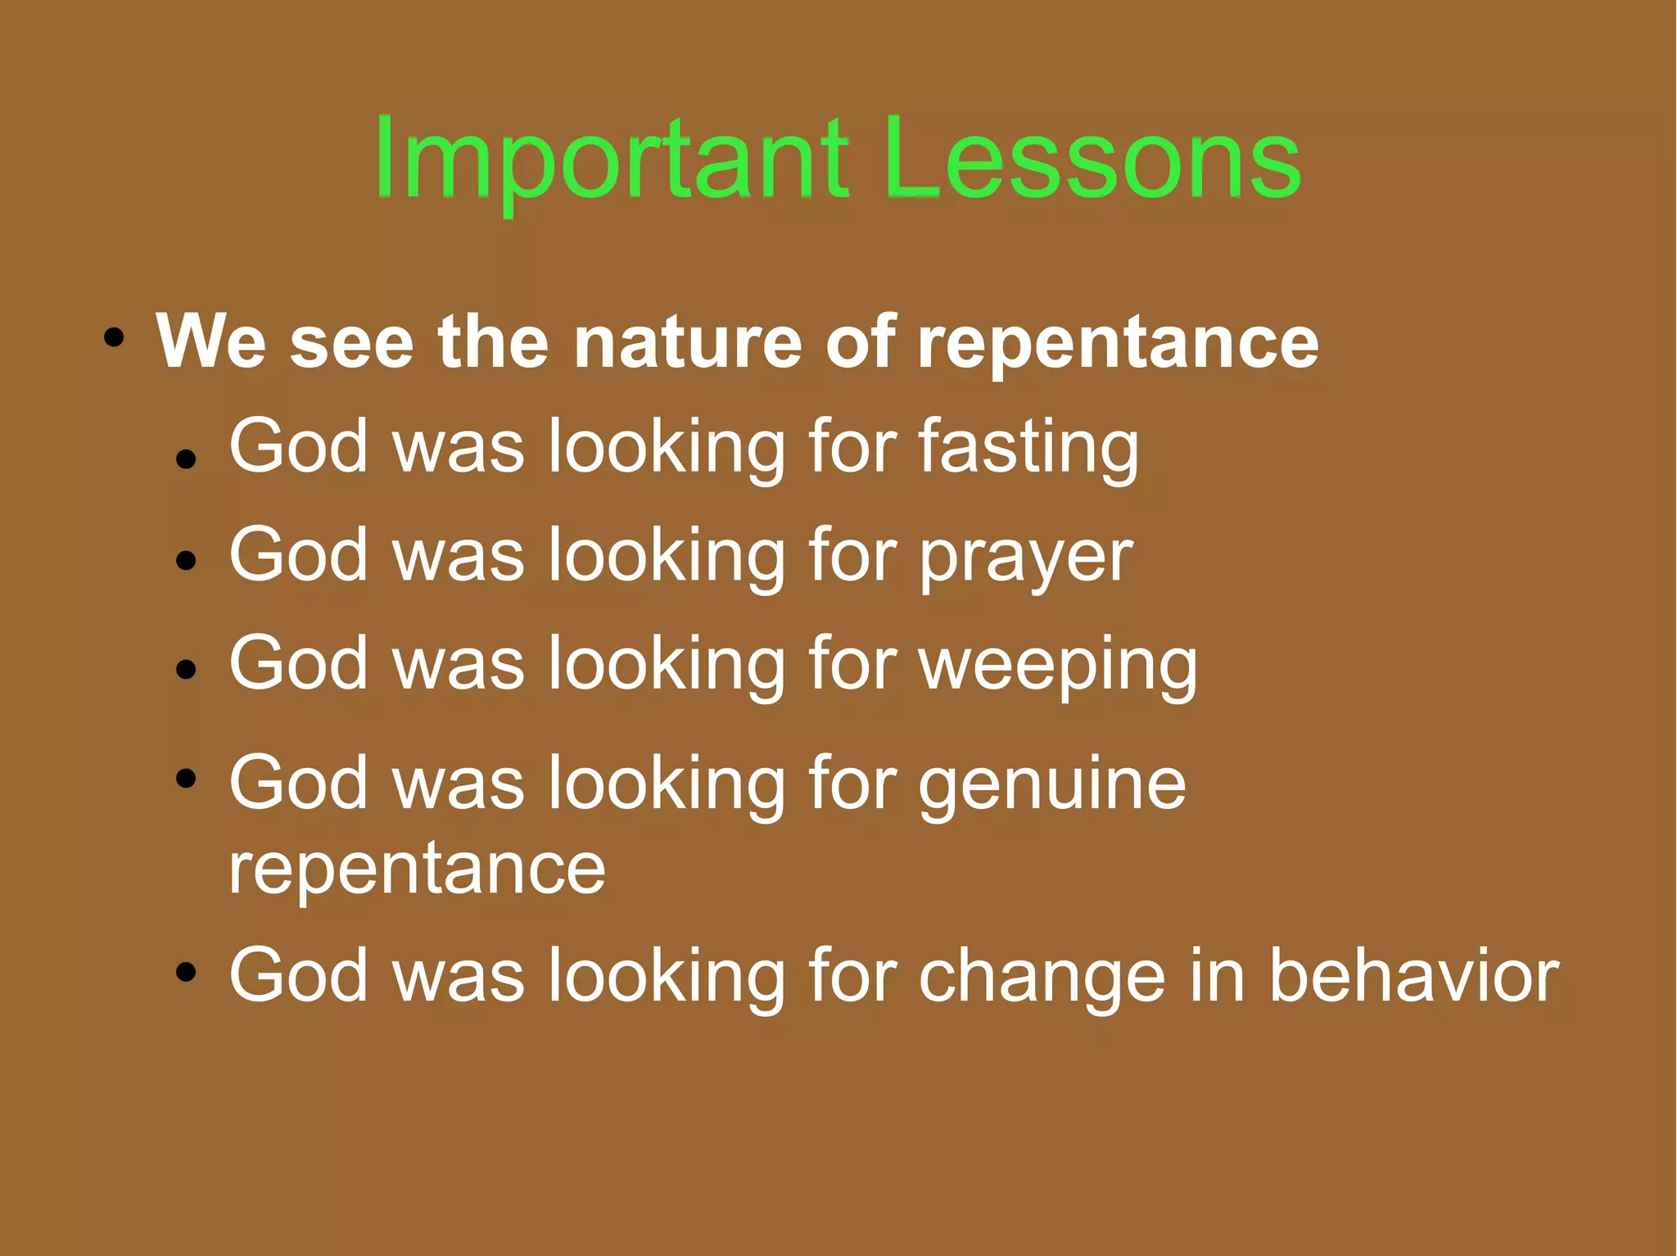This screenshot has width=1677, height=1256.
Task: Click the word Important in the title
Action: click(x=610, y=160)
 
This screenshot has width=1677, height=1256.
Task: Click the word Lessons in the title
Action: click(x=1093, y=160)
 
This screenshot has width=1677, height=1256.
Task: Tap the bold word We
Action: click(x=210, y=341)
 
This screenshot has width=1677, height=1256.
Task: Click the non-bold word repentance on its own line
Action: click(x=417, y=870)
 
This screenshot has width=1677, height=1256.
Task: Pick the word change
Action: click(x=1041, y=976)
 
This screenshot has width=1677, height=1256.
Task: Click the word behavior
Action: click(x=1413, y=976)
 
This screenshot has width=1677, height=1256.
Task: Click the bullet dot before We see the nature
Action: click(x=114, y=337)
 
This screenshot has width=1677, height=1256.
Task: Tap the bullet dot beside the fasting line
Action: click(x=187, y=459)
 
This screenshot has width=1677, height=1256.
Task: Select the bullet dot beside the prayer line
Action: click(x=187, y=560)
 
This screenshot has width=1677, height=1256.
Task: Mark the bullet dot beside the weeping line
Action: click(x=187, y=669)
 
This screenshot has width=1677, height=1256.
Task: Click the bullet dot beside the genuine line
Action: click(x=187, y=777)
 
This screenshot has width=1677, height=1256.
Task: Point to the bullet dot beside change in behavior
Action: click(x=187, y=972)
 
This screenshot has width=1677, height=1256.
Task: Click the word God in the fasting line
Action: click(x=298, y=446)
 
